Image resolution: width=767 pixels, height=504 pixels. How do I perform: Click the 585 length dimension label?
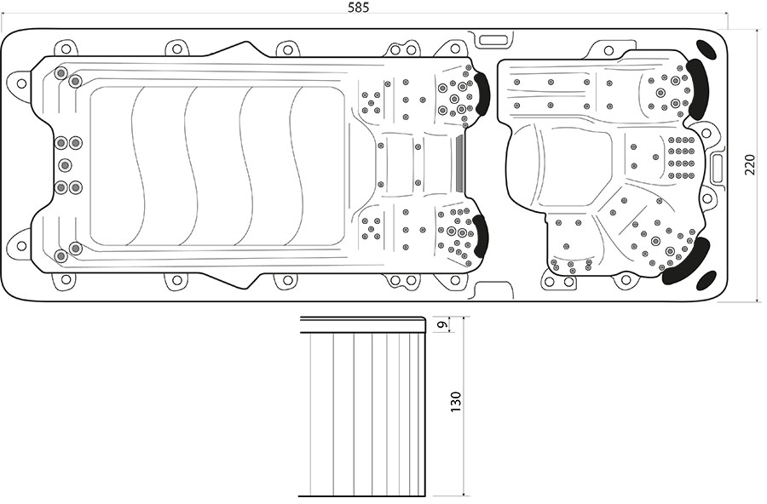pos(359,8)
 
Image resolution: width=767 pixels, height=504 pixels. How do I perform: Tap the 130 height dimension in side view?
pos(456,402)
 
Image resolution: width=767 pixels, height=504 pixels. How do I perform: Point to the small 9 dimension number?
pos(441,324)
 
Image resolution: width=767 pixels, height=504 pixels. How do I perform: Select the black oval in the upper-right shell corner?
pos(708,49)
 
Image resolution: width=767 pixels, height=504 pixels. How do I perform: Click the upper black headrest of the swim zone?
pos(482,94)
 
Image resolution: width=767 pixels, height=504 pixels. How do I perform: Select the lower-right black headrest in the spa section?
pos(687,264)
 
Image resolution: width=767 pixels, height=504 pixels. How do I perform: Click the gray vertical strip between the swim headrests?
pos(459,164)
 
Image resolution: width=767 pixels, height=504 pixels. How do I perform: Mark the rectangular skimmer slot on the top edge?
pos(493,40)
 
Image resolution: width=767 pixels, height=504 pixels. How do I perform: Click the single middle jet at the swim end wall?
pos(65,165)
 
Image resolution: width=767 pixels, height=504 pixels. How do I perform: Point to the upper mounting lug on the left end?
pos(20,83)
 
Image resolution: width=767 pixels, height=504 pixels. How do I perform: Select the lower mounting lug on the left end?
pos(20,245)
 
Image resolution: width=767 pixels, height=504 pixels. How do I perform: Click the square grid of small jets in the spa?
pos(682,157)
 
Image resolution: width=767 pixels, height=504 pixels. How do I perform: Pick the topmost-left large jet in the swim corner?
pos(61,73)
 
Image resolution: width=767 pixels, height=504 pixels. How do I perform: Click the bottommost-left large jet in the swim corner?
pos(61,255)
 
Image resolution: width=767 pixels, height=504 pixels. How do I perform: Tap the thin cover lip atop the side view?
pos(363,324)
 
